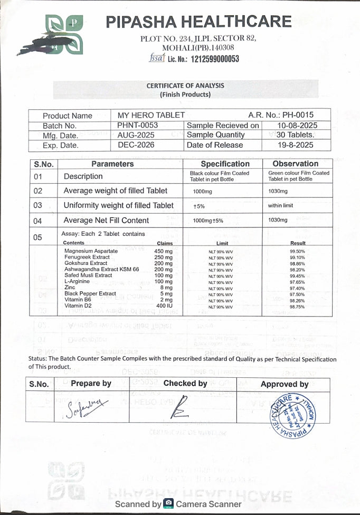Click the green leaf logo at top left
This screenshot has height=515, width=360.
pos(64,34)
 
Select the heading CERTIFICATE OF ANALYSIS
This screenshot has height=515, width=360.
pos(185,85)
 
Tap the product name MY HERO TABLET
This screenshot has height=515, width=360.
pos(151,115)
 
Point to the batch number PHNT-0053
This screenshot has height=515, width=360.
pos(137,125)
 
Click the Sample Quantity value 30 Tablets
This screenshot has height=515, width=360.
pos(295,135)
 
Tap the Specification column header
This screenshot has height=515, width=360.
pos(225,164)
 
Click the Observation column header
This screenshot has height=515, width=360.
pos(295,164)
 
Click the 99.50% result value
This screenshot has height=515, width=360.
pos(297,252)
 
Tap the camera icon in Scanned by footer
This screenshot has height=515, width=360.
pos(168,504)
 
